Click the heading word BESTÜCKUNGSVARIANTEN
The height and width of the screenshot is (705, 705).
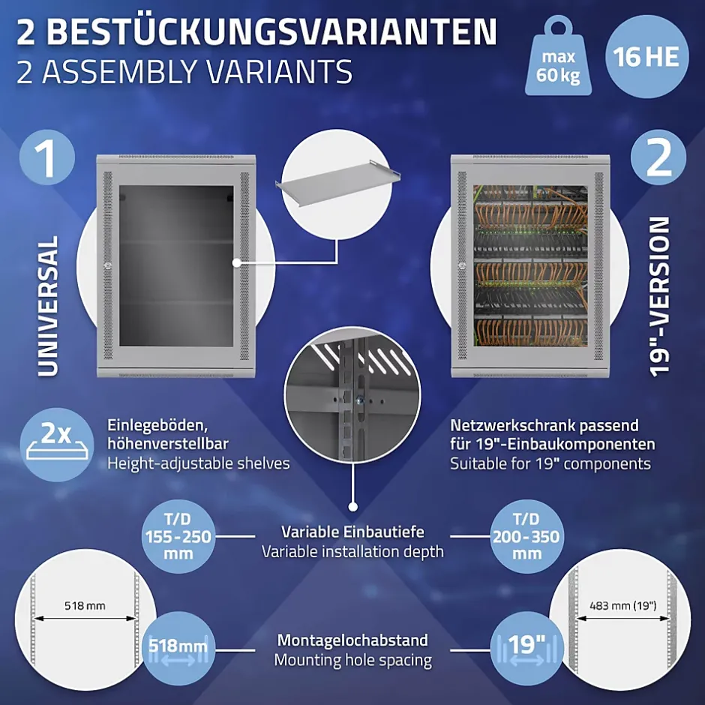click(271, 31)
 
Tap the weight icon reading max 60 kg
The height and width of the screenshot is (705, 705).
click(558, 56)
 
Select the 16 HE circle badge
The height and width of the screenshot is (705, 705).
click(646, 57)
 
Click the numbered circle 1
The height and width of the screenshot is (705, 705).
click(47, 157)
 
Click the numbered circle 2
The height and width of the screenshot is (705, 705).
click(658, 157)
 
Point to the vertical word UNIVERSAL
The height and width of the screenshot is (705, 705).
click(48, 306)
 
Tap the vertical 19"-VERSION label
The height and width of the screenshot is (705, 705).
click(659, 296)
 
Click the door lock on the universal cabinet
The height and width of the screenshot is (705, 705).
click(107, 265)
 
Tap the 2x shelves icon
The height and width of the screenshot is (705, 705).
click(57, 445)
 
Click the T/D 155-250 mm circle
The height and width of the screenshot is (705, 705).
click(178, 536)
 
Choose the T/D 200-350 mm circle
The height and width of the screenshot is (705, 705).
click(526, 536)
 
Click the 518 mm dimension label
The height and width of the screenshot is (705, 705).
click(85, 606)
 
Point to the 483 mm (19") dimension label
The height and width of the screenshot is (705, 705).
click(623, 606)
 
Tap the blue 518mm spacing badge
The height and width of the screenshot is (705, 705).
click(178, 648)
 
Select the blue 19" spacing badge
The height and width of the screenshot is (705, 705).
click(526, 648)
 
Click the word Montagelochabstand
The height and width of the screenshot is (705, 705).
click(352, 640)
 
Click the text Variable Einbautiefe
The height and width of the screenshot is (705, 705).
click(352, 532)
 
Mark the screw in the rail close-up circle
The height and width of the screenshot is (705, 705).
click(358, 399)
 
